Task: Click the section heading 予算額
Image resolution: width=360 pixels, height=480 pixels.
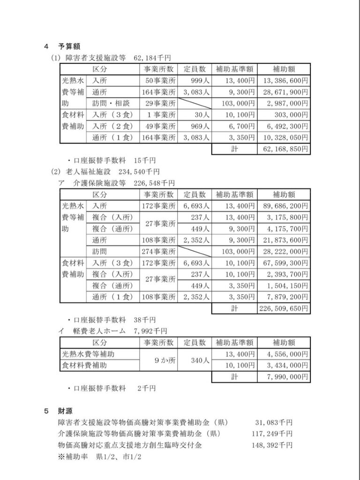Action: [x=69, y=46]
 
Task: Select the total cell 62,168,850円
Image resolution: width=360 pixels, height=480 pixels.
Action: [x=284, y=149]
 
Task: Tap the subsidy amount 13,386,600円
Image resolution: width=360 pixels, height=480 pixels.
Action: [x=284, y=80]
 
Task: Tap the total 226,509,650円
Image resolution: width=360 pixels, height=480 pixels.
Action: [x=284, y=308]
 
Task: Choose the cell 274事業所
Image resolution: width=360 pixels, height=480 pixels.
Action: [x=158, y=251]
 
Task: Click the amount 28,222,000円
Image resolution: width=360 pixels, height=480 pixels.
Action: [x=284, y=251]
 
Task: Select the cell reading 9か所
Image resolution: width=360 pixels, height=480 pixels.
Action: [x=158, y=360]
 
